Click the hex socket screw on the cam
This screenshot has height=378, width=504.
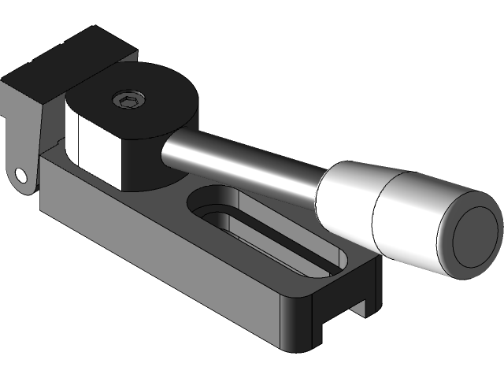click(x=128, y=99)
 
